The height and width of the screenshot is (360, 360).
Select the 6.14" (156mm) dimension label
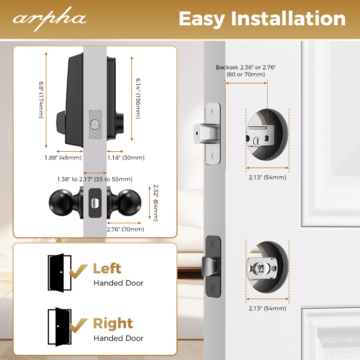click(138, 99)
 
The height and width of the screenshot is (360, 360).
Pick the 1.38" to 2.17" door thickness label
click(95, 179)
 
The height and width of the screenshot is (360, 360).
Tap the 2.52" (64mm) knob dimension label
click(156, 202)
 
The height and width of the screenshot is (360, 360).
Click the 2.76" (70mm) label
click(125, 229)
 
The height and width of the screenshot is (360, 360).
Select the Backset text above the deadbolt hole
click(246, 71)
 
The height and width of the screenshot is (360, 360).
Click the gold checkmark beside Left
click(78, 270)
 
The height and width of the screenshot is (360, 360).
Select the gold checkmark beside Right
click(78, 324)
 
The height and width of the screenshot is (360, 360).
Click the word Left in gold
click(107, 269)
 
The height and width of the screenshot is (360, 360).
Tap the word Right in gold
click(113, 323)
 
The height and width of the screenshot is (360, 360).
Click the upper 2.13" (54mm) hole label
click(268, 177)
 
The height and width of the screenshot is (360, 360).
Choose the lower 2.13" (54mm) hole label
click(268, 308)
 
